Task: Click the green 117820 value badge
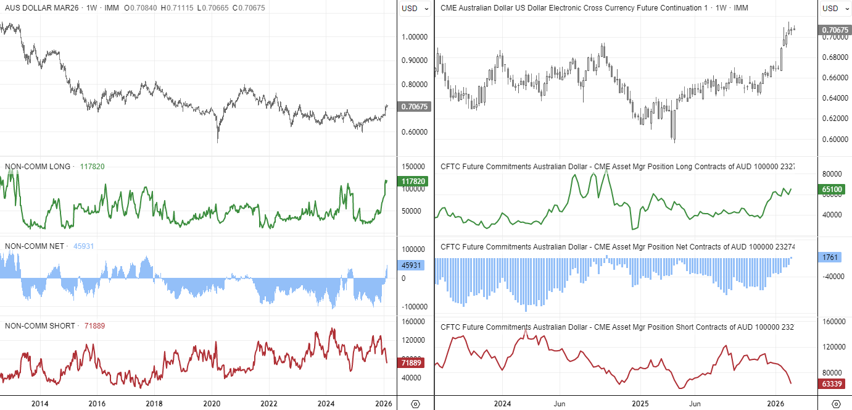pos(413,182)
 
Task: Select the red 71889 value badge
pos(413,362)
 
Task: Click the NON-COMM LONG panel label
pos(38,166)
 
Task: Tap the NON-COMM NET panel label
pos(35,246)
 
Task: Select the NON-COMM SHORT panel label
pos(40,325)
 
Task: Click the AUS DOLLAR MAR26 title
pos(37,8)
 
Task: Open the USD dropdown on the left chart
pos(415,9)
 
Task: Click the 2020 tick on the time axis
pos(212,404)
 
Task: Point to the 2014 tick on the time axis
pos(40,404)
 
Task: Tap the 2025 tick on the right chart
pos(640,404)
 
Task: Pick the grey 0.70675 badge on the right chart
pos(835,30)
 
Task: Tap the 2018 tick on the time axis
pos(154,404)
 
